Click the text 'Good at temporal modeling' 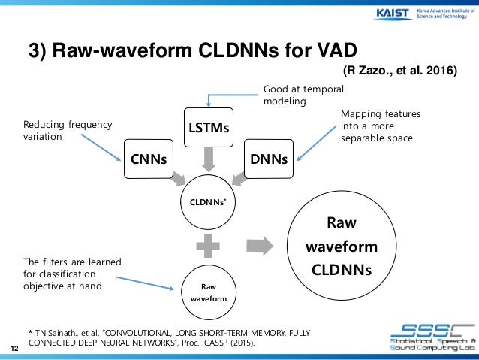[x=294, y=95]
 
